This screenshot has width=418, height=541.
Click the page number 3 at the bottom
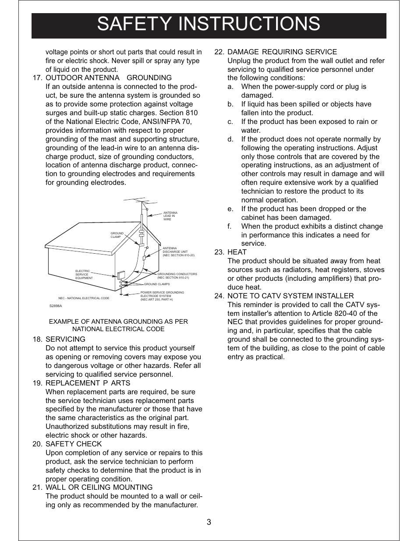[209, 522]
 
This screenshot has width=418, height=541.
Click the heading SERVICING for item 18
[65, 339]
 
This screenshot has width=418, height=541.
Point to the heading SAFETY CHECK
[74, 444]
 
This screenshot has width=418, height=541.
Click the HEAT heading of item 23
[237, 252]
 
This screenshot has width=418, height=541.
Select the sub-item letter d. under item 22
[230, 139]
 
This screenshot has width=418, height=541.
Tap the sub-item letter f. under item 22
[230, 226]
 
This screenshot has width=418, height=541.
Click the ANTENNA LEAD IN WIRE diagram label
[170, 216]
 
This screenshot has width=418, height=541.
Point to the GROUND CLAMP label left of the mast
[117, 235]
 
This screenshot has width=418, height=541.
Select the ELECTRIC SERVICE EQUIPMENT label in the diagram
[84, 275]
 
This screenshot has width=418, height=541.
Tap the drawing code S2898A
[56, 306]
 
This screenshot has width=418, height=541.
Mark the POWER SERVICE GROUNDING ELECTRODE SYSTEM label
[162, 296]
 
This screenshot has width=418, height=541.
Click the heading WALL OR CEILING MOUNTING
[99, 488]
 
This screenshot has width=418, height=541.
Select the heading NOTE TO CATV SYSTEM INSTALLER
[290, 296]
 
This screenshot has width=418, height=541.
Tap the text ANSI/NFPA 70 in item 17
[169, 122]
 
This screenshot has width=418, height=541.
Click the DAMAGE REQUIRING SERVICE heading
[282, 52]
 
